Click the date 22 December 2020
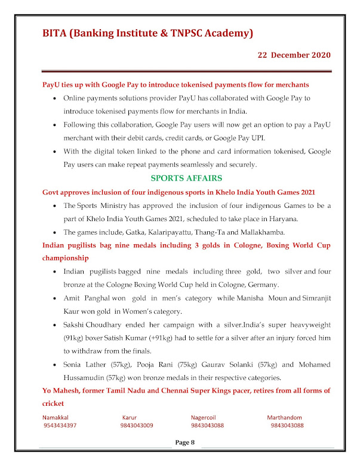(x=294, y=54)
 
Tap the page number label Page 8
(x=184, y=442)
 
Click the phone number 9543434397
(x=60, y=425)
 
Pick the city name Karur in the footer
(x=130, y=418)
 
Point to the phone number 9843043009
(x=136, y=425)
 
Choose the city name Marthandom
(x=284, y=418)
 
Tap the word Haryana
(x=300, y=218)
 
